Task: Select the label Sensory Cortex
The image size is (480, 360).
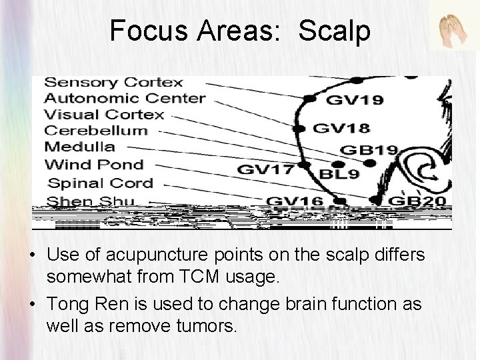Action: coord(113,83)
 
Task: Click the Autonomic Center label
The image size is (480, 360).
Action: coord(124,99)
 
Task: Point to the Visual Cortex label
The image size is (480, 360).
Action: coord(103,115)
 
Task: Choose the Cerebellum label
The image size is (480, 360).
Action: coord(95,131)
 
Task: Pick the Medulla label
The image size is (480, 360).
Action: coord(79,147)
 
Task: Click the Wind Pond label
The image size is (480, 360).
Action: coord(93,164)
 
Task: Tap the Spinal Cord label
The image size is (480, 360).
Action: coord(101,183)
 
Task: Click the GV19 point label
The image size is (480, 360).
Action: coord(355,101)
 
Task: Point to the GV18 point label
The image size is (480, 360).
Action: coord(341,127)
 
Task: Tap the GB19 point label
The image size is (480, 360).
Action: coord(369,150)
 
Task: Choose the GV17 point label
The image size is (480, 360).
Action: coord(265,169)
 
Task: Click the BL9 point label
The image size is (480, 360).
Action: coord(339,175)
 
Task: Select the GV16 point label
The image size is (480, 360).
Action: coord(294,201)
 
